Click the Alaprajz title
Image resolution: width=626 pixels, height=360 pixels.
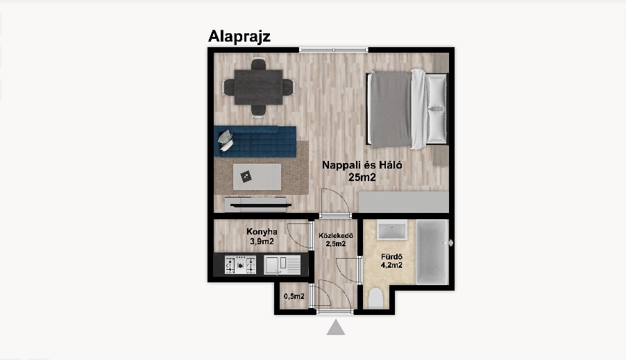pyautogui.click(x=239, y=36)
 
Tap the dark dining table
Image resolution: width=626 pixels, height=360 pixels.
pyautogui.click(x=258, y=87)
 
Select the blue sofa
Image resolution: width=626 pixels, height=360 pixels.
pyautogui.click(x=255, y=142)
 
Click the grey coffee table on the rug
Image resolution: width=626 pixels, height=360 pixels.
pyautogui.click(x=257, y=177)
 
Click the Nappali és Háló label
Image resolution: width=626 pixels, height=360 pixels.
pyautogui.click(x=362, y=165)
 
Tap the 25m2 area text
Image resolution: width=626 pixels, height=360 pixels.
pyautogui.click(x=362, y=178)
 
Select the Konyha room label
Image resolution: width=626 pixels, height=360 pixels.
pyautogui.click(x=262, y=232)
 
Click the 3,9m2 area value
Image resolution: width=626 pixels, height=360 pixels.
pyautogui.click(x=262, y=241)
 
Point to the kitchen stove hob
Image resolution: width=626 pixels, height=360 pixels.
pyautogui.click(x=240, y=264)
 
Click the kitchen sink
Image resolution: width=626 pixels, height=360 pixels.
pyautogui.click(x=282, y=265)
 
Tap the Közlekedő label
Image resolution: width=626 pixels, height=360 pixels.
pyautogui.click(x=335, y=235)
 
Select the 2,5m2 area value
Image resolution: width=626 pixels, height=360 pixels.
pyautogui.click(x=336, y=244)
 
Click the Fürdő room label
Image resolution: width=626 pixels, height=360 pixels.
pyautogui.click(x=391, y=257)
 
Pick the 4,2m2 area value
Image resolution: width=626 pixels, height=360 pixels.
pyautogui.click(x=391, y=265)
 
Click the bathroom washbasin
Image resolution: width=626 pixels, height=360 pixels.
pyautogui.click(x=392, y=230)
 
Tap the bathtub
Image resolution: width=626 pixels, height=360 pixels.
pyautogui.click(x=432, y=252)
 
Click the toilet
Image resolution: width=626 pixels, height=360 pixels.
pyautogui.click(x=375, y=298)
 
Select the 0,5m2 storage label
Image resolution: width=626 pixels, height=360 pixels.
pyautogui.click(x=294, y=296)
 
